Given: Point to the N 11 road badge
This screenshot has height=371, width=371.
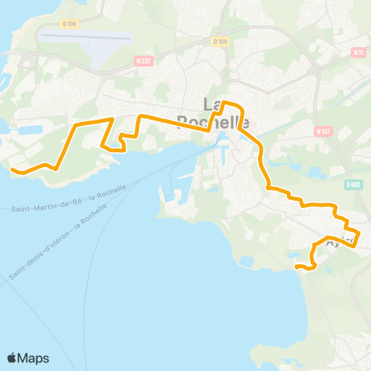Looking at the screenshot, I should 357,52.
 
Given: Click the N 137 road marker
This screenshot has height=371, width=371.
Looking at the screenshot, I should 324,131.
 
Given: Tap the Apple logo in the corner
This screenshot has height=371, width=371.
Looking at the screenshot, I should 13,358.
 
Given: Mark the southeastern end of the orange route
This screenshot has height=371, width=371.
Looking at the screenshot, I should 296,267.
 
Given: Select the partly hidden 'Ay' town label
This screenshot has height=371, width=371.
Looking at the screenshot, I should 332,243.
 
